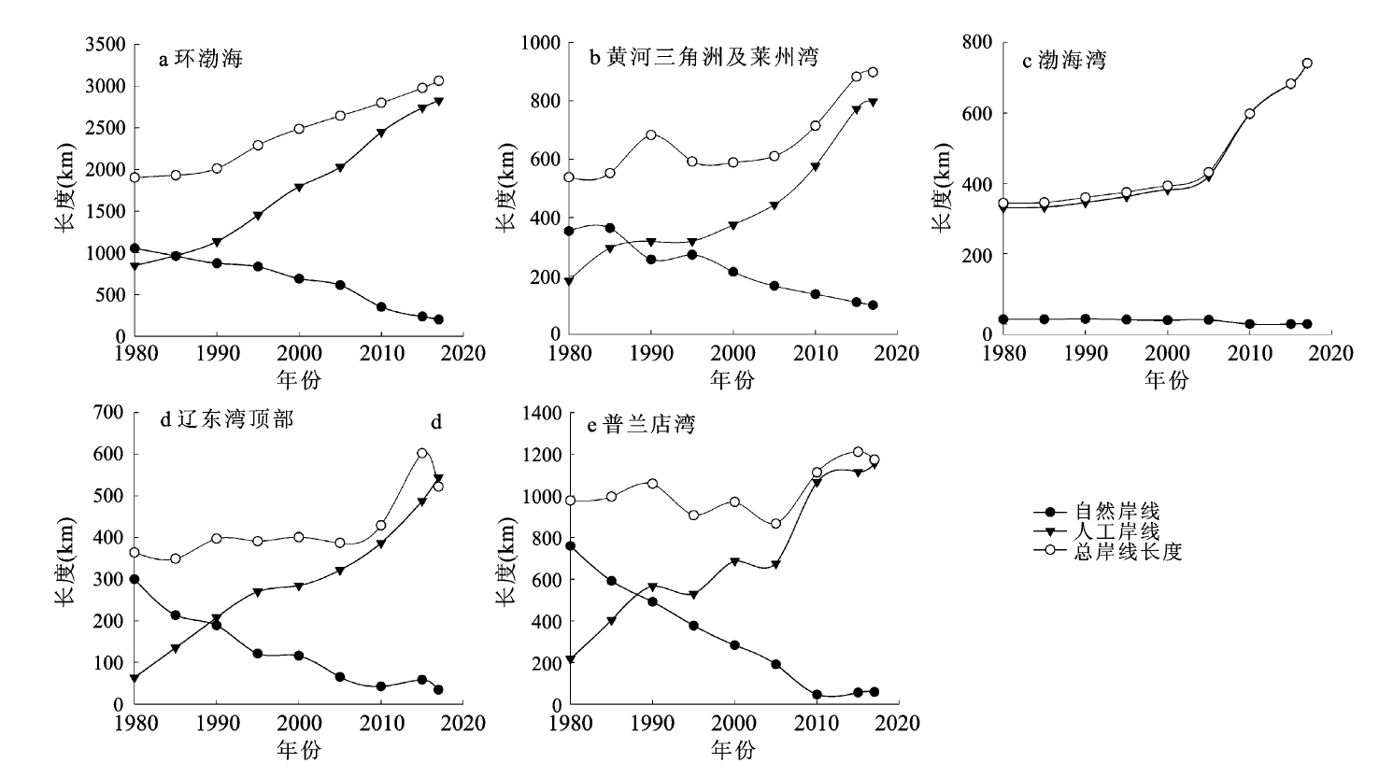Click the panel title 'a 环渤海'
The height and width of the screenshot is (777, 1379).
coord(200,60)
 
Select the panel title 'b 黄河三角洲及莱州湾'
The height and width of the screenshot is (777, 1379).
coord(704,58)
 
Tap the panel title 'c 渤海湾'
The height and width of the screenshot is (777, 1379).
coord(1064,62)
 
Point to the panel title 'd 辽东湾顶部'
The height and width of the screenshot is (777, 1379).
coord(227,420)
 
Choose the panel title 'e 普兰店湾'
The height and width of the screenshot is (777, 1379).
coord(641,426)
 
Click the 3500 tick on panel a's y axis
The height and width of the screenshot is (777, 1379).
coord(105,45)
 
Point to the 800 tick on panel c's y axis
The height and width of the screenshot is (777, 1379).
coord(979,42)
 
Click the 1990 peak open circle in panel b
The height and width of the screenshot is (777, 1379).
coord(651,134)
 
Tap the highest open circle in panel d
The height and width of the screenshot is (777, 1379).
coord(422,453)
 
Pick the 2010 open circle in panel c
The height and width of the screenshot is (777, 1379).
coord(1249,114)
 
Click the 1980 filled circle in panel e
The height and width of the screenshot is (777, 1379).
coord(570,545)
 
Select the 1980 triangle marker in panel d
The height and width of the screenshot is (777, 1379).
coord(135,678)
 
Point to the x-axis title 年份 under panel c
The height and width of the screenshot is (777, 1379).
coord(1166,379)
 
